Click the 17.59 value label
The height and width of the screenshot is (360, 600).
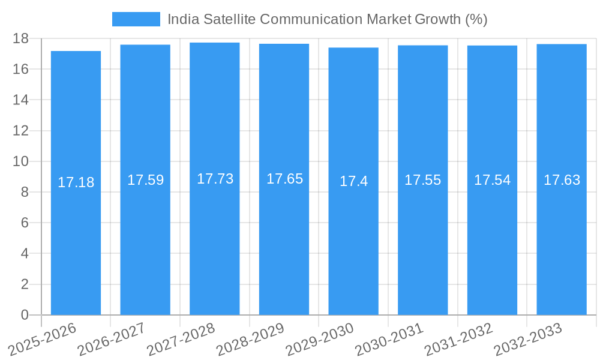pos(145,180)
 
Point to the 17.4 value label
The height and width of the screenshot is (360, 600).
pos(353,181)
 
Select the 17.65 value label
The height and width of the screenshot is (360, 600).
pos(284,179)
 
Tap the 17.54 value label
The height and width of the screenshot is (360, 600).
pos(492,180)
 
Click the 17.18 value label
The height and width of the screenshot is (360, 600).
pos(76,182)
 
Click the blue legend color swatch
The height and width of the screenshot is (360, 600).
pos(136,19)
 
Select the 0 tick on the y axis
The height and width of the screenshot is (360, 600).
pos(25,315)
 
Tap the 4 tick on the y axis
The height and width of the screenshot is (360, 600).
pos(25,254)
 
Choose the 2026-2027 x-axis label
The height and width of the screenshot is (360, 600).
pos(112,338)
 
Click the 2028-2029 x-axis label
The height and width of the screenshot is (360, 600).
pos(250,338)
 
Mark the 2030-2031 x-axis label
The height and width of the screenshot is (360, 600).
pos(389,338)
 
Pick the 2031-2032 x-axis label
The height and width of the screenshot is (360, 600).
pos(459,338)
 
